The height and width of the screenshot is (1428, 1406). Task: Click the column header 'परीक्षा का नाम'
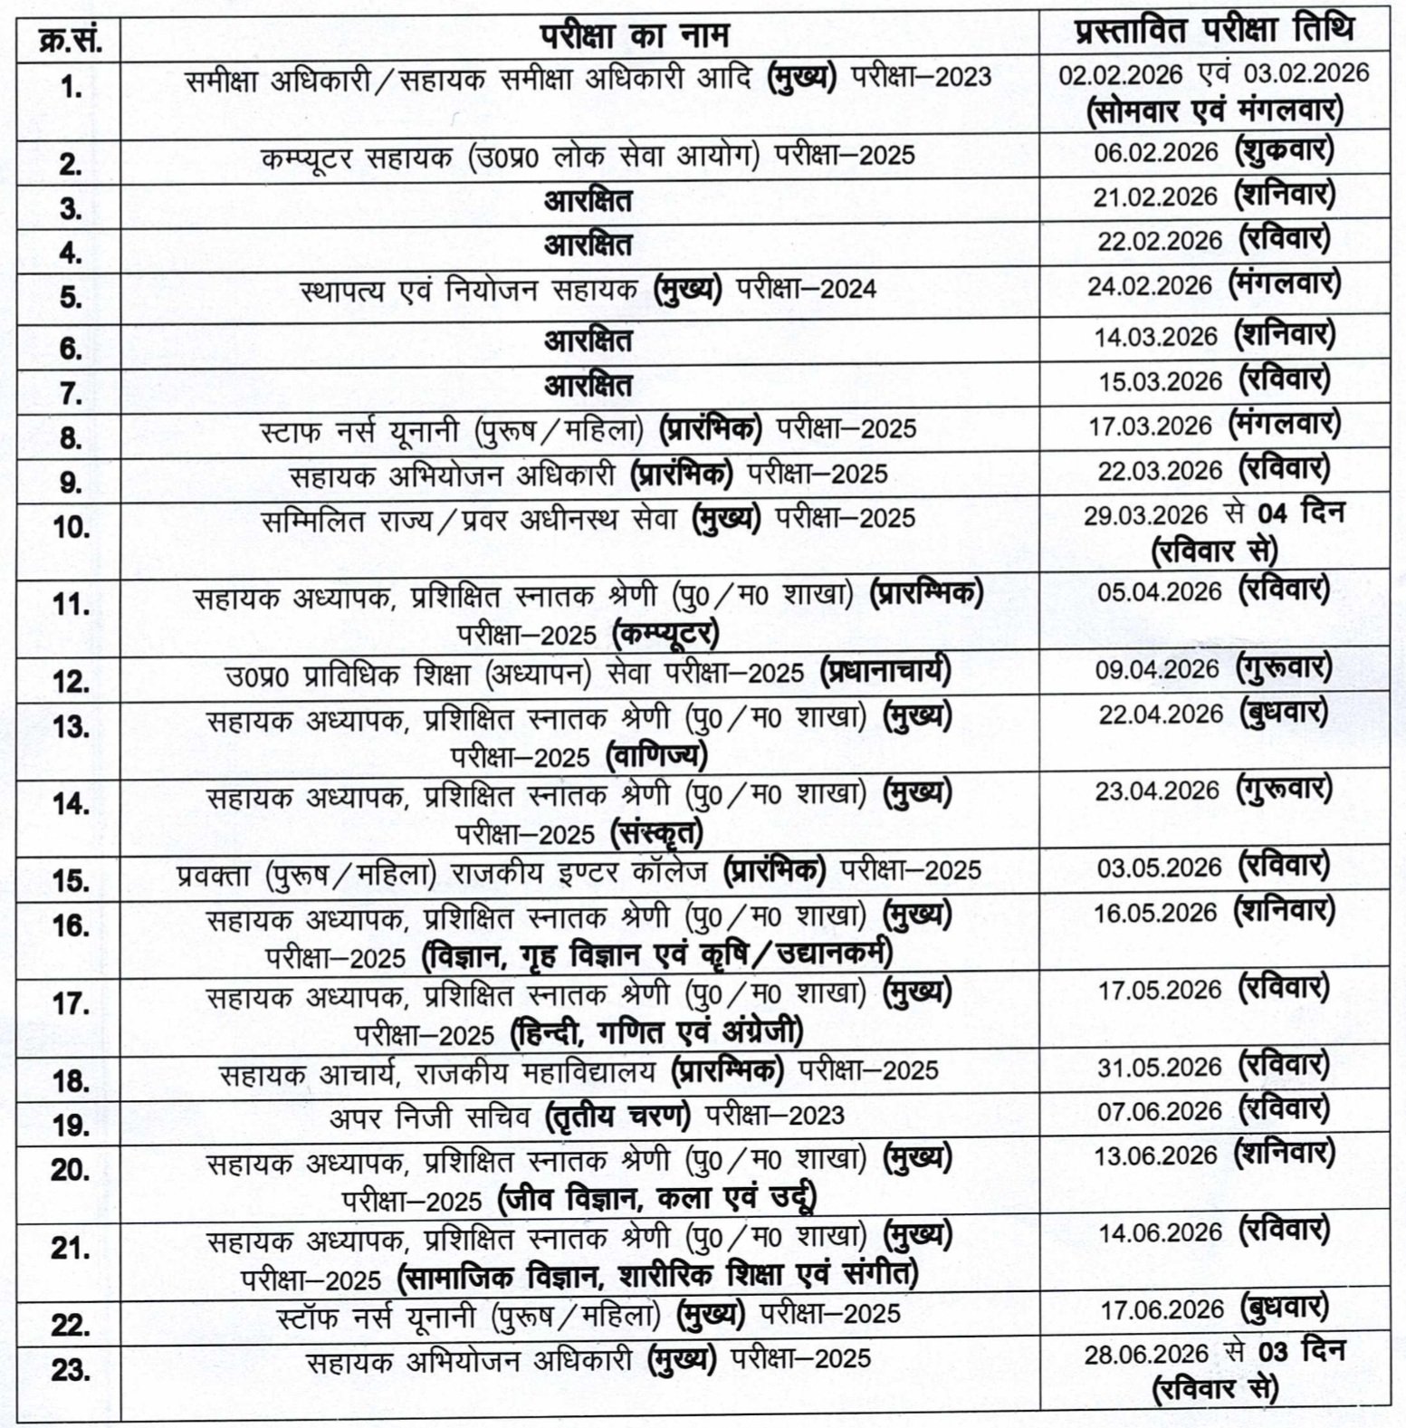[634, 35]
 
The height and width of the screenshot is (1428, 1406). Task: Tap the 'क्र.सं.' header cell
[70, 40]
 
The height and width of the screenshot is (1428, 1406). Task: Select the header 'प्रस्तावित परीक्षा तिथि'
[1214, 33]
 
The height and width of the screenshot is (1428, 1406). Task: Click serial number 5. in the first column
[71, 296]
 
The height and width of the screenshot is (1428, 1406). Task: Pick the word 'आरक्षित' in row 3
[588, 200]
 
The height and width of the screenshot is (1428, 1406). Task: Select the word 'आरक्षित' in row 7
[588, 386]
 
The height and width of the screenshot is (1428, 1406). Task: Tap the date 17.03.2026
[1149, 426]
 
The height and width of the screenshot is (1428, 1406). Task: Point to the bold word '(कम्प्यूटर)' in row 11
[665, 633]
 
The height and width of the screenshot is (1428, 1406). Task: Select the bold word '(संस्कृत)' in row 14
[657, 832]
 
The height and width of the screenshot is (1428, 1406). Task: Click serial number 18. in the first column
[71, 1079]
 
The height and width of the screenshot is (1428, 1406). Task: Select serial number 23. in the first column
[71, 1369]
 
